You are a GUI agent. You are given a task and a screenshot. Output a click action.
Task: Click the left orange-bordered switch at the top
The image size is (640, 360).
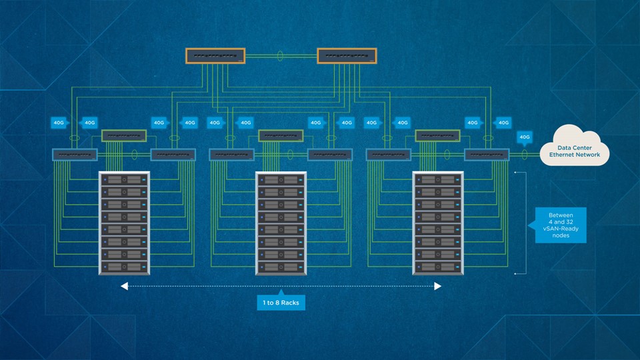point(215,57)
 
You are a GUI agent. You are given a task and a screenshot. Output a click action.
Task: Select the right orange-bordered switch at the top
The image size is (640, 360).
point(347,57)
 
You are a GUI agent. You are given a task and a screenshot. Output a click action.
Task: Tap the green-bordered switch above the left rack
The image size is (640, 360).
point(123,135)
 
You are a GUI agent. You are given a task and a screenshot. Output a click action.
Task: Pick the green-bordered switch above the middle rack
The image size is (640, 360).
point(281,135)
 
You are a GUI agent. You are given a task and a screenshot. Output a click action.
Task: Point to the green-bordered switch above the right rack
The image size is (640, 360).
point(437,135)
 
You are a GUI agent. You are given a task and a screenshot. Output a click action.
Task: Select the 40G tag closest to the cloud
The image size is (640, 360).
point(524,138)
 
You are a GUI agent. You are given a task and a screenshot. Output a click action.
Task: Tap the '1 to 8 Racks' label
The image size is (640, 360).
point(281,303)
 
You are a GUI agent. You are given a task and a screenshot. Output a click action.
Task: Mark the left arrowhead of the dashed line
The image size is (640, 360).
point(124,286)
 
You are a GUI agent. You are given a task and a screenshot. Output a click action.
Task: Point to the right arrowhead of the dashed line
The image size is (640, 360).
point(438,286)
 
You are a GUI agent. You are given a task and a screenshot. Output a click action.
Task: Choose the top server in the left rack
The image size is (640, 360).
point(124,179)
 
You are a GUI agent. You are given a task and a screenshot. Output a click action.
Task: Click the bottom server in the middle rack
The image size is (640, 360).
point(281,267)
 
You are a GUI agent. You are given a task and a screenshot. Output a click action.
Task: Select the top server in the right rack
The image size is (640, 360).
point(437,179)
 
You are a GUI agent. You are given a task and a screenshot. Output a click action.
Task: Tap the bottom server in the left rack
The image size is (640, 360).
point(124,267)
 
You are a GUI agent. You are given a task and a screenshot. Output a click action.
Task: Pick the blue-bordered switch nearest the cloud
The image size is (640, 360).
point(487,155)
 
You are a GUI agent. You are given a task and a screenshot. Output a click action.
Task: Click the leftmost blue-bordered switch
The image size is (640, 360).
point(75,155)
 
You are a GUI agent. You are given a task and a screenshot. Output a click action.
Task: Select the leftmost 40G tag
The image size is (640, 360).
point(59,123)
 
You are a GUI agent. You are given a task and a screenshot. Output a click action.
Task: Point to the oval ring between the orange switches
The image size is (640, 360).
point(281,57)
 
